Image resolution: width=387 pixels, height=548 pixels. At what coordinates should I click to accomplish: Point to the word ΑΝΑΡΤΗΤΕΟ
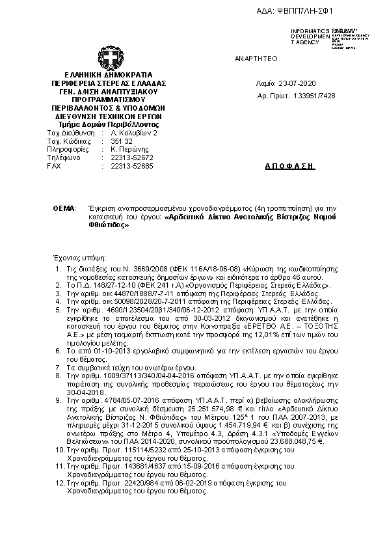click(x=256, y=59)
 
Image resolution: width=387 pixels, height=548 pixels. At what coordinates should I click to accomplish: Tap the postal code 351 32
click(x=122, y=141)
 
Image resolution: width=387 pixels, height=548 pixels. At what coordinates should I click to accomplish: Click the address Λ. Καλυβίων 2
click(x=134, y=132)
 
